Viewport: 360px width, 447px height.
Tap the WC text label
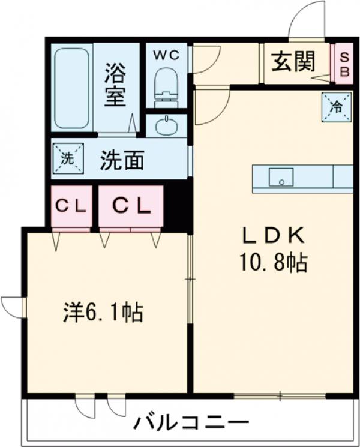[165, 55]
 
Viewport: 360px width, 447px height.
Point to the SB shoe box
[344, 62]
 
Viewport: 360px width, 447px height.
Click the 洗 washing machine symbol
[68, 159]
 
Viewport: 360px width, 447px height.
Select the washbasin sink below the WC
[165, 127]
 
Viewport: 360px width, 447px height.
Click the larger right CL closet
[131, 206]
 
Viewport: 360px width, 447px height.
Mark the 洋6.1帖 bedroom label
[103, 312]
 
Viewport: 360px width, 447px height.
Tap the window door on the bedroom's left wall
[13, 306]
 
